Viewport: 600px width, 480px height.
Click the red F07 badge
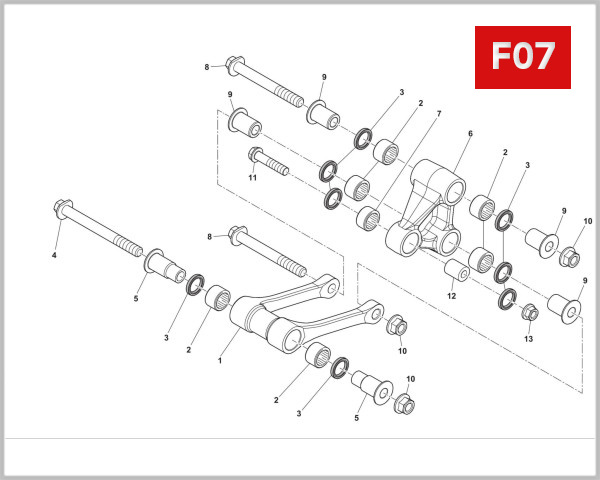pos(521,56)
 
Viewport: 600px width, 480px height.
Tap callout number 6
pos(470,134)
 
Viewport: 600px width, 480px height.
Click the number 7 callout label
pos(437,115)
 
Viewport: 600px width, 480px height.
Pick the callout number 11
pos(253,177)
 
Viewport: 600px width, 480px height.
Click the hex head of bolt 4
pos(59,213)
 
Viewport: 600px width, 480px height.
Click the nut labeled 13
pos(530,313)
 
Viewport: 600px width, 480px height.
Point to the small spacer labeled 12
pos(457,271)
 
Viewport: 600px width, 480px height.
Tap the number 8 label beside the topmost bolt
pos(207,67)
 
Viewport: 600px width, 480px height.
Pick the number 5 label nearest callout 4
pos(137,297)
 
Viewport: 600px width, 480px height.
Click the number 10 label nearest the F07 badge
pos(587,221)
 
